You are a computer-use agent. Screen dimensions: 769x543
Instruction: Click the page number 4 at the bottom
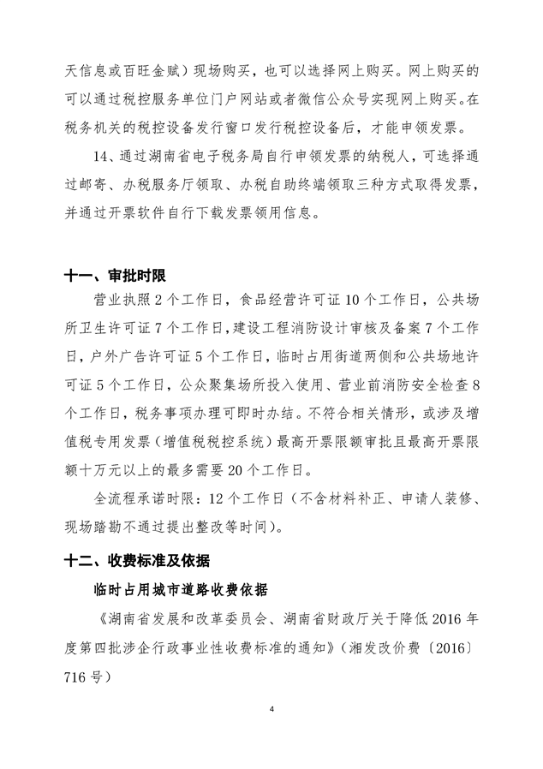(271, 709)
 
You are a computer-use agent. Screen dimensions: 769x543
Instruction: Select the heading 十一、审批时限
(115, 277)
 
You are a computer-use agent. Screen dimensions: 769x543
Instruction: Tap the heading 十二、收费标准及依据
(140, 563)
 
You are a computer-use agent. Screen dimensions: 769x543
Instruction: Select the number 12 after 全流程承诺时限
(212, 498)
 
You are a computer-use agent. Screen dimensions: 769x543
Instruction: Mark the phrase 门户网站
(253, 98)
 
